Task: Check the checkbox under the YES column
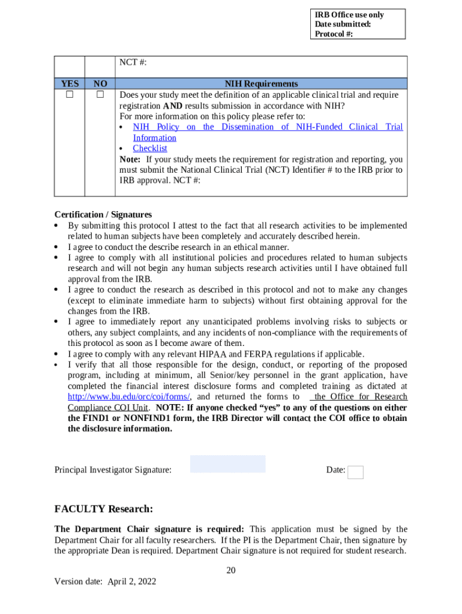(70, 95)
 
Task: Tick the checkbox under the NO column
(100, 95)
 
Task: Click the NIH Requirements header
(261, 84)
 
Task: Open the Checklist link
(150, 148)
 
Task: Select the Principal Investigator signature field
(227, 463)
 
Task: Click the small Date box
(356, 472)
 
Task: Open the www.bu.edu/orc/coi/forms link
(129, 397)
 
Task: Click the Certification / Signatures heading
(103, 215)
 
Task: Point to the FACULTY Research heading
(104, 509)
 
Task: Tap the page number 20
(231, 570)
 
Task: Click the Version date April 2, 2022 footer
(105, 581)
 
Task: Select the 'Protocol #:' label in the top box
(334, 34)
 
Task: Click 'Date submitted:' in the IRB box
(343, 25)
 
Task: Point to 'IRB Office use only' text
(349, 15)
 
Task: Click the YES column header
(70, 84)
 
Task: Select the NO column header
(100, 84)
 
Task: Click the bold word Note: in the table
(130, 159)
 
